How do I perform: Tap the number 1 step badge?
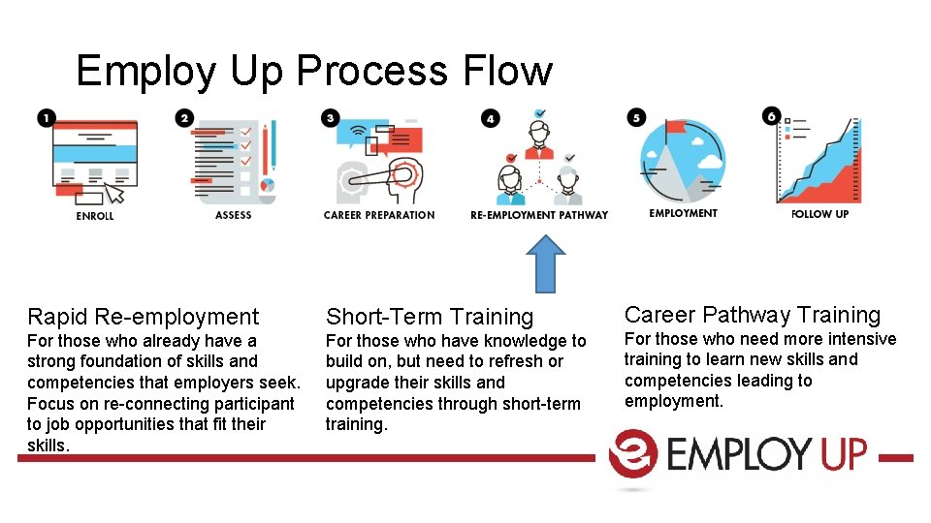pos(47,118)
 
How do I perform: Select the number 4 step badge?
pos(490,118)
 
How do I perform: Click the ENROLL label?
pos(95,216)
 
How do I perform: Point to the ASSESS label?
pos(233,215)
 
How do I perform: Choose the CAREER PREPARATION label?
pos(379,215)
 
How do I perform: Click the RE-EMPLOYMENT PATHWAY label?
pos(539,215)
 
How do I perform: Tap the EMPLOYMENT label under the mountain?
pos(684,213)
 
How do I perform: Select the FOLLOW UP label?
pos(820,214)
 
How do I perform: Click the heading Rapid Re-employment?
pos(144,317)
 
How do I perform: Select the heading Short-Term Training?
pos(430,317)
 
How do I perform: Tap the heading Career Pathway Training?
pos(753,315)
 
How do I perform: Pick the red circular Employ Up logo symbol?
pos(632,453)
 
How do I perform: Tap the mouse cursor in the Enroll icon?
pos(125,192)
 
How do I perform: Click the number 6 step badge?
pos(771,116)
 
